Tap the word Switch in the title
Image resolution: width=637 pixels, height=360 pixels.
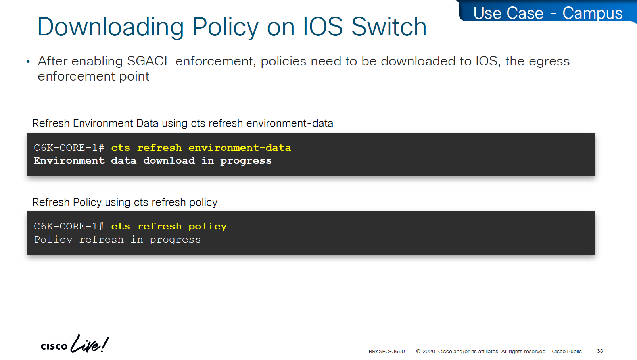(389, 27)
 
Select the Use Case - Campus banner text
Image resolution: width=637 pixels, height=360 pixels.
(548, 13)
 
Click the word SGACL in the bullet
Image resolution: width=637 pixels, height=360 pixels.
(149, 61)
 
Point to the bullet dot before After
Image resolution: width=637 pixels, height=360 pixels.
(28, 62)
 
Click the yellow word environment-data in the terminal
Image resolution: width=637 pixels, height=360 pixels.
(240, 148)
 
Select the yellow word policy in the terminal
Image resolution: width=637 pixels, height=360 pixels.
(207, 227)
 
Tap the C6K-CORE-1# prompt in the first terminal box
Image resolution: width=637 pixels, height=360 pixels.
(69, 148)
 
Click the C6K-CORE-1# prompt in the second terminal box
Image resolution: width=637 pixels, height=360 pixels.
(69, 227)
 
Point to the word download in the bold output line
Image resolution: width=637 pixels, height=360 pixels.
(169, 160)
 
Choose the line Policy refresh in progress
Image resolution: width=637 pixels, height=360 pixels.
(117, 240)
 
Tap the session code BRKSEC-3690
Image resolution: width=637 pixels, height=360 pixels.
(386, 351)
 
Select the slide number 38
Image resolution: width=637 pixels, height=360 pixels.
(600, 351)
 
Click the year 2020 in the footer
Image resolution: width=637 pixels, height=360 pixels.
(428, 351)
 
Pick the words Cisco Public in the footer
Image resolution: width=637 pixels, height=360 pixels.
(567, 351)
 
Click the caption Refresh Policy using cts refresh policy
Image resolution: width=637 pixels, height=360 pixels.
(125, 202)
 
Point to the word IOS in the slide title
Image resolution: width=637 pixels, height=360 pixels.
(322, 27)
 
